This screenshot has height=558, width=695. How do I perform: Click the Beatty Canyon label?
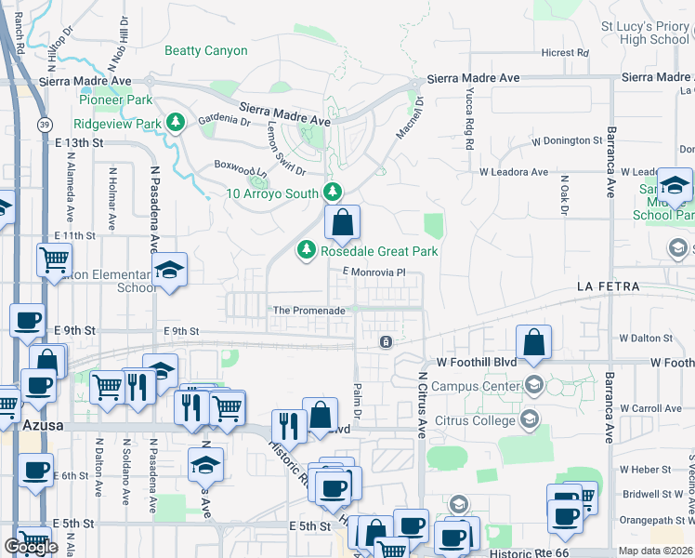[x=206, y=51]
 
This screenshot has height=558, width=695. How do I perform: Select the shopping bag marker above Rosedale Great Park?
[x=342, y=222]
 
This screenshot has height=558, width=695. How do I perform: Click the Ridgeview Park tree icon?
[x=175, y=123]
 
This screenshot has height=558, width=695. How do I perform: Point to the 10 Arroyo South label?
[x=273, y=193]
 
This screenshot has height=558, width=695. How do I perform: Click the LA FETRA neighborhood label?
[x=609, y=286]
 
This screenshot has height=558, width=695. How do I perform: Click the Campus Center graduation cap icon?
[x=533, y=384]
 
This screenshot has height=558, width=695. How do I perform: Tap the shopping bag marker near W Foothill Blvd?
[x=534, y=341]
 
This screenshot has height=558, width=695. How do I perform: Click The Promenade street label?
[x=308, y=311]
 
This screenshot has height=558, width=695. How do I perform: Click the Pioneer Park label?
[x=116, y=100]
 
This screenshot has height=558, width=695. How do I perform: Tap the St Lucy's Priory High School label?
[x=645, y=33]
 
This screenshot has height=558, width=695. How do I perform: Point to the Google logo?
[x=31, y=547]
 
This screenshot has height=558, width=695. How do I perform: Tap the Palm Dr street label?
[x=356, y=400]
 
